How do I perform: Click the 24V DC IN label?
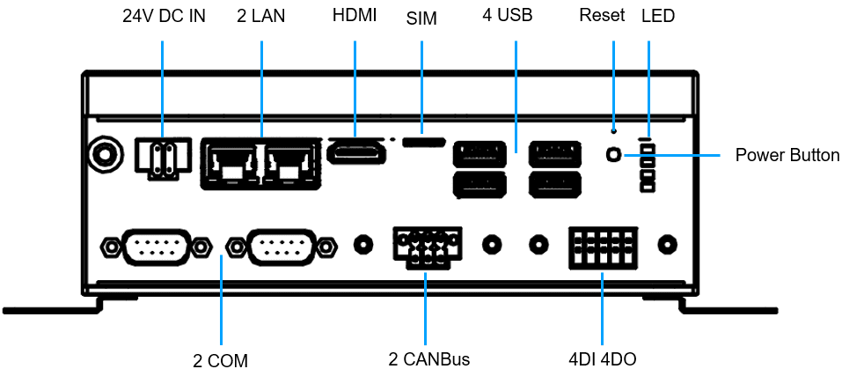163,17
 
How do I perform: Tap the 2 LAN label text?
261,17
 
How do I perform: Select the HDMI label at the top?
355,16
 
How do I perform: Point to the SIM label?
421,18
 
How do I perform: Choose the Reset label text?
603,16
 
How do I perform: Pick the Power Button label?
787,156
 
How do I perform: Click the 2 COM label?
221,359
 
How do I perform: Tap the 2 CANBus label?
428,358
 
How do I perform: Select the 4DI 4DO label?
602,358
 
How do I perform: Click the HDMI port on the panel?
356,153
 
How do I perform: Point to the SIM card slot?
422,140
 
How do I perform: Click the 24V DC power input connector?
162,158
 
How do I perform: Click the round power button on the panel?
613,155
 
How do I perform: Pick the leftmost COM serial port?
155,246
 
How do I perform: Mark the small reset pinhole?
613,129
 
